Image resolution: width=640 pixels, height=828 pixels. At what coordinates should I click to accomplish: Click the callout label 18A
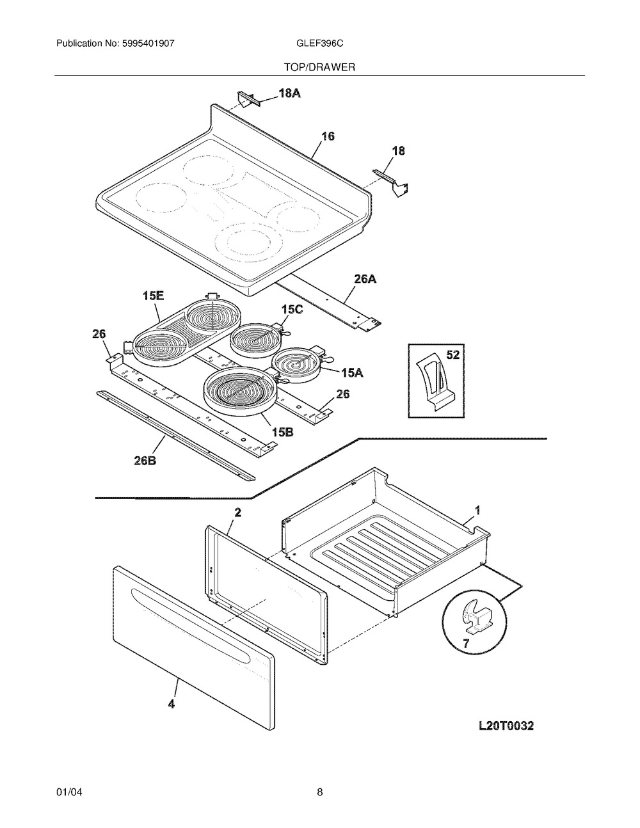click(x=289, y=93)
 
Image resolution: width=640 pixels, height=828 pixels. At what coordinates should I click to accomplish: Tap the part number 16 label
click(x=328, y=136)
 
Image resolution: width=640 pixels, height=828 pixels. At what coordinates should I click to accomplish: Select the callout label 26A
click(x=365, y=279)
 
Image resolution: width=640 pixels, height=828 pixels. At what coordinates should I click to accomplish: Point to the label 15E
click(x=153, y=296)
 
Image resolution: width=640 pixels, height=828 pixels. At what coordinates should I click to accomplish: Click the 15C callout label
click(x=292, y=310)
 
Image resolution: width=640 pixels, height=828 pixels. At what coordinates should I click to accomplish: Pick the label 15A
click(x=353, y=372)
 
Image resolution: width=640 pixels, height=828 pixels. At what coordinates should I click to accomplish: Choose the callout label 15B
click(x=282, y=432)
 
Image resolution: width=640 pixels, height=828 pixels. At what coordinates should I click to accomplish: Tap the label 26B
click(x=145, y=461)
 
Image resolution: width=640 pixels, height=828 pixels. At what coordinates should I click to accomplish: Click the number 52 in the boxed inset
click(x=452, y=355)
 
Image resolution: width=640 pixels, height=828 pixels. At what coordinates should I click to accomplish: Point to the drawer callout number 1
click(x=477, y=510)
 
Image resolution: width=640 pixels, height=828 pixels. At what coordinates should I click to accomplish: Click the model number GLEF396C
click(x=319, y=44)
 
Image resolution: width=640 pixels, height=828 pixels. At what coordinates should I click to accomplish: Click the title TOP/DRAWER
click(x=319, y=67)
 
